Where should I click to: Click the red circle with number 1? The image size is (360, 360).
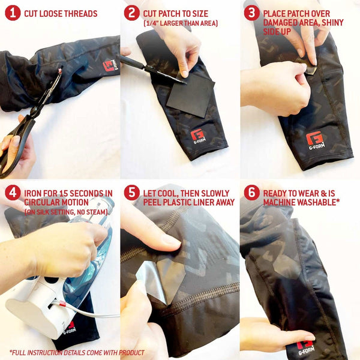click(12, 13)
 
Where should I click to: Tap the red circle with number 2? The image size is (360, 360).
click(131, 13)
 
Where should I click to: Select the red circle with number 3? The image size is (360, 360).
click(252, 13)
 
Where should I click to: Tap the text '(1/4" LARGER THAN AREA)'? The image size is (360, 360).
click(180, 23)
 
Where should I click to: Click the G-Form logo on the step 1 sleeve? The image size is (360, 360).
click(110, 65)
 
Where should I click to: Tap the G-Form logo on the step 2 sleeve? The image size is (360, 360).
click(197, 137)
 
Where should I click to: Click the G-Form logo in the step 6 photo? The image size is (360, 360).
click(306, 347)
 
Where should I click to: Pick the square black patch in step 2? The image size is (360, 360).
click(190, 95)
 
